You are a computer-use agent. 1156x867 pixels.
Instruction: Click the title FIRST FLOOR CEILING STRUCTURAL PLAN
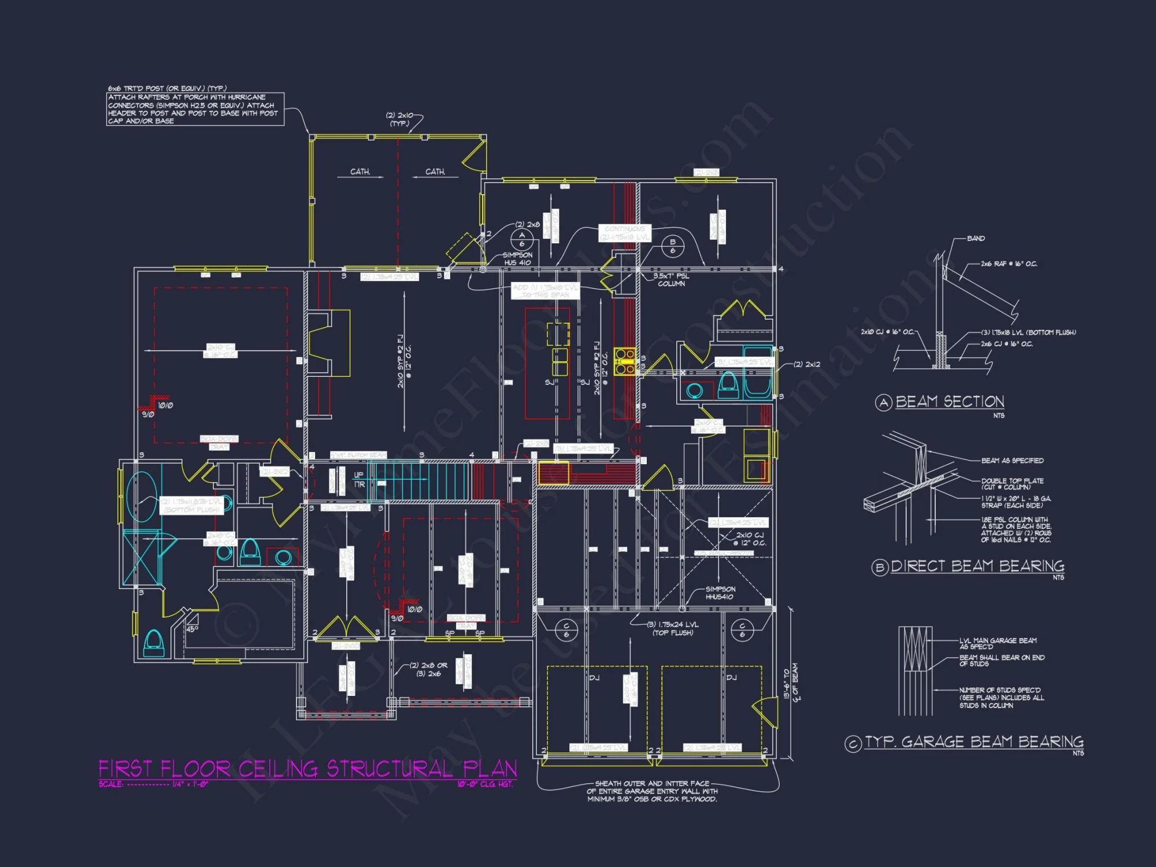click(x=307, y=769)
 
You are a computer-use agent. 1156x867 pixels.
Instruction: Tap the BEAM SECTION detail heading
click(x=949, y=402)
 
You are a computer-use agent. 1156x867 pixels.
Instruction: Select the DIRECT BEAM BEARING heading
click(x=977, y=566)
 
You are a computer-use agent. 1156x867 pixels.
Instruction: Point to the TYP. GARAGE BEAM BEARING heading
click(x=973, y=742)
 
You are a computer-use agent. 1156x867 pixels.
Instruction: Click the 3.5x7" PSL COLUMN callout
click(x=671, y=280)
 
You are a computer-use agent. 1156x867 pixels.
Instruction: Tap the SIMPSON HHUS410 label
click(x=720, y=593)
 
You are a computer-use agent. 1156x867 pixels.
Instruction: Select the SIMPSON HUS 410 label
click(x=517, y=258)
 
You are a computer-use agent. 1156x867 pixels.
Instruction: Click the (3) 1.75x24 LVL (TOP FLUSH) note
click(x=673, y=628)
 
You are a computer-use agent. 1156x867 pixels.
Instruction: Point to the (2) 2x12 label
click(x=807, y=364)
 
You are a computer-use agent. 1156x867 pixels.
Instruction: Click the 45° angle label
click(x=192, y=629)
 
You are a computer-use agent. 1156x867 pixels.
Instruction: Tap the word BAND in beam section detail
click(x=976, y=238)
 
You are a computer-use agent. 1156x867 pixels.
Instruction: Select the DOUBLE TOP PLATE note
click(x=1011, y=483)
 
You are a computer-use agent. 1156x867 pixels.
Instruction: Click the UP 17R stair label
click(x=359, y=479)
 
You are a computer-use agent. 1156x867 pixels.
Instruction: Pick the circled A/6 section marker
click(x=522, y=239)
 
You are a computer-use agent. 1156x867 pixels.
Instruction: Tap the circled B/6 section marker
click(x=672, y=246)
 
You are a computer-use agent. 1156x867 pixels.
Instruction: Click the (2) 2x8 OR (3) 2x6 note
click(x=428, y=669)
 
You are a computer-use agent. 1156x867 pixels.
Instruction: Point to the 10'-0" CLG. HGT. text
click(x=485, y=784)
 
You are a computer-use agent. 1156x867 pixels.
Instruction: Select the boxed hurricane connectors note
click(x=195, y=109)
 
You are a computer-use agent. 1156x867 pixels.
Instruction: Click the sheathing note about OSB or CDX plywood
click(x=652, y=791)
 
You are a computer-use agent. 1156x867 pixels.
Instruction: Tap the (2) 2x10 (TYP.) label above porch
click(x=399, y=119)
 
